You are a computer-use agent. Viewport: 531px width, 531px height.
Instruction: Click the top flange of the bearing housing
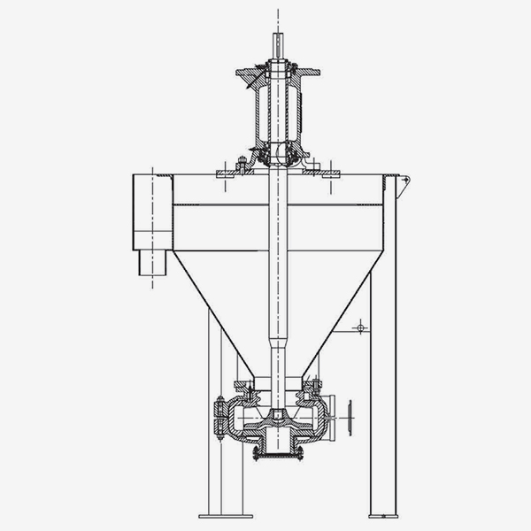point(277,68)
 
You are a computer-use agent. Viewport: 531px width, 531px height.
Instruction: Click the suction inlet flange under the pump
point(277,457)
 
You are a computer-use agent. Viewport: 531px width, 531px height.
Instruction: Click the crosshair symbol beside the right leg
point(359,328)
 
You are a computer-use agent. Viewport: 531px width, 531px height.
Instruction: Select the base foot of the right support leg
point(383,515)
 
